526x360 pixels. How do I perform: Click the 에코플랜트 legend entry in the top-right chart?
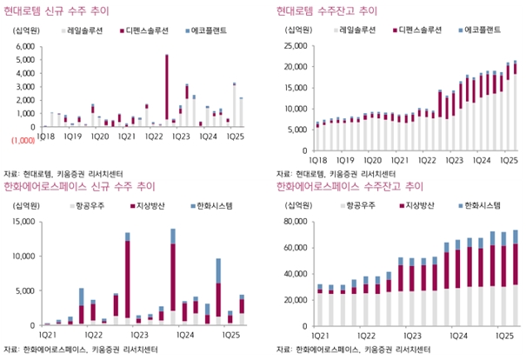(481, 30)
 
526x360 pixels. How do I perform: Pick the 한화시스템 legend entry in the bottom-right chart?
(481, 206)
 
